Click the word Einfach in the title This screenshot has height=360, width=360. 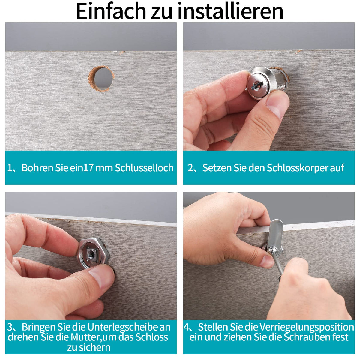(x=111, y=11)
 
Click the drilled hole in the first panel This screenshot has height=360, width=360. (x=101, y=79)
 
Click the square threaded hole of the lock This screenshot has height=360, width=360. (x=91, y=253)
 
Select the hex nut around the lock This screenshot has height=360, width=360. (x=93, y=253)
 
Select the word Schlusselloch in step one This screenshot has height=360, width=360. (x=144, y=168)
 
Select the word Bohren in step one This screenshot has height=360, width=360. (x=37, y=168)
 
